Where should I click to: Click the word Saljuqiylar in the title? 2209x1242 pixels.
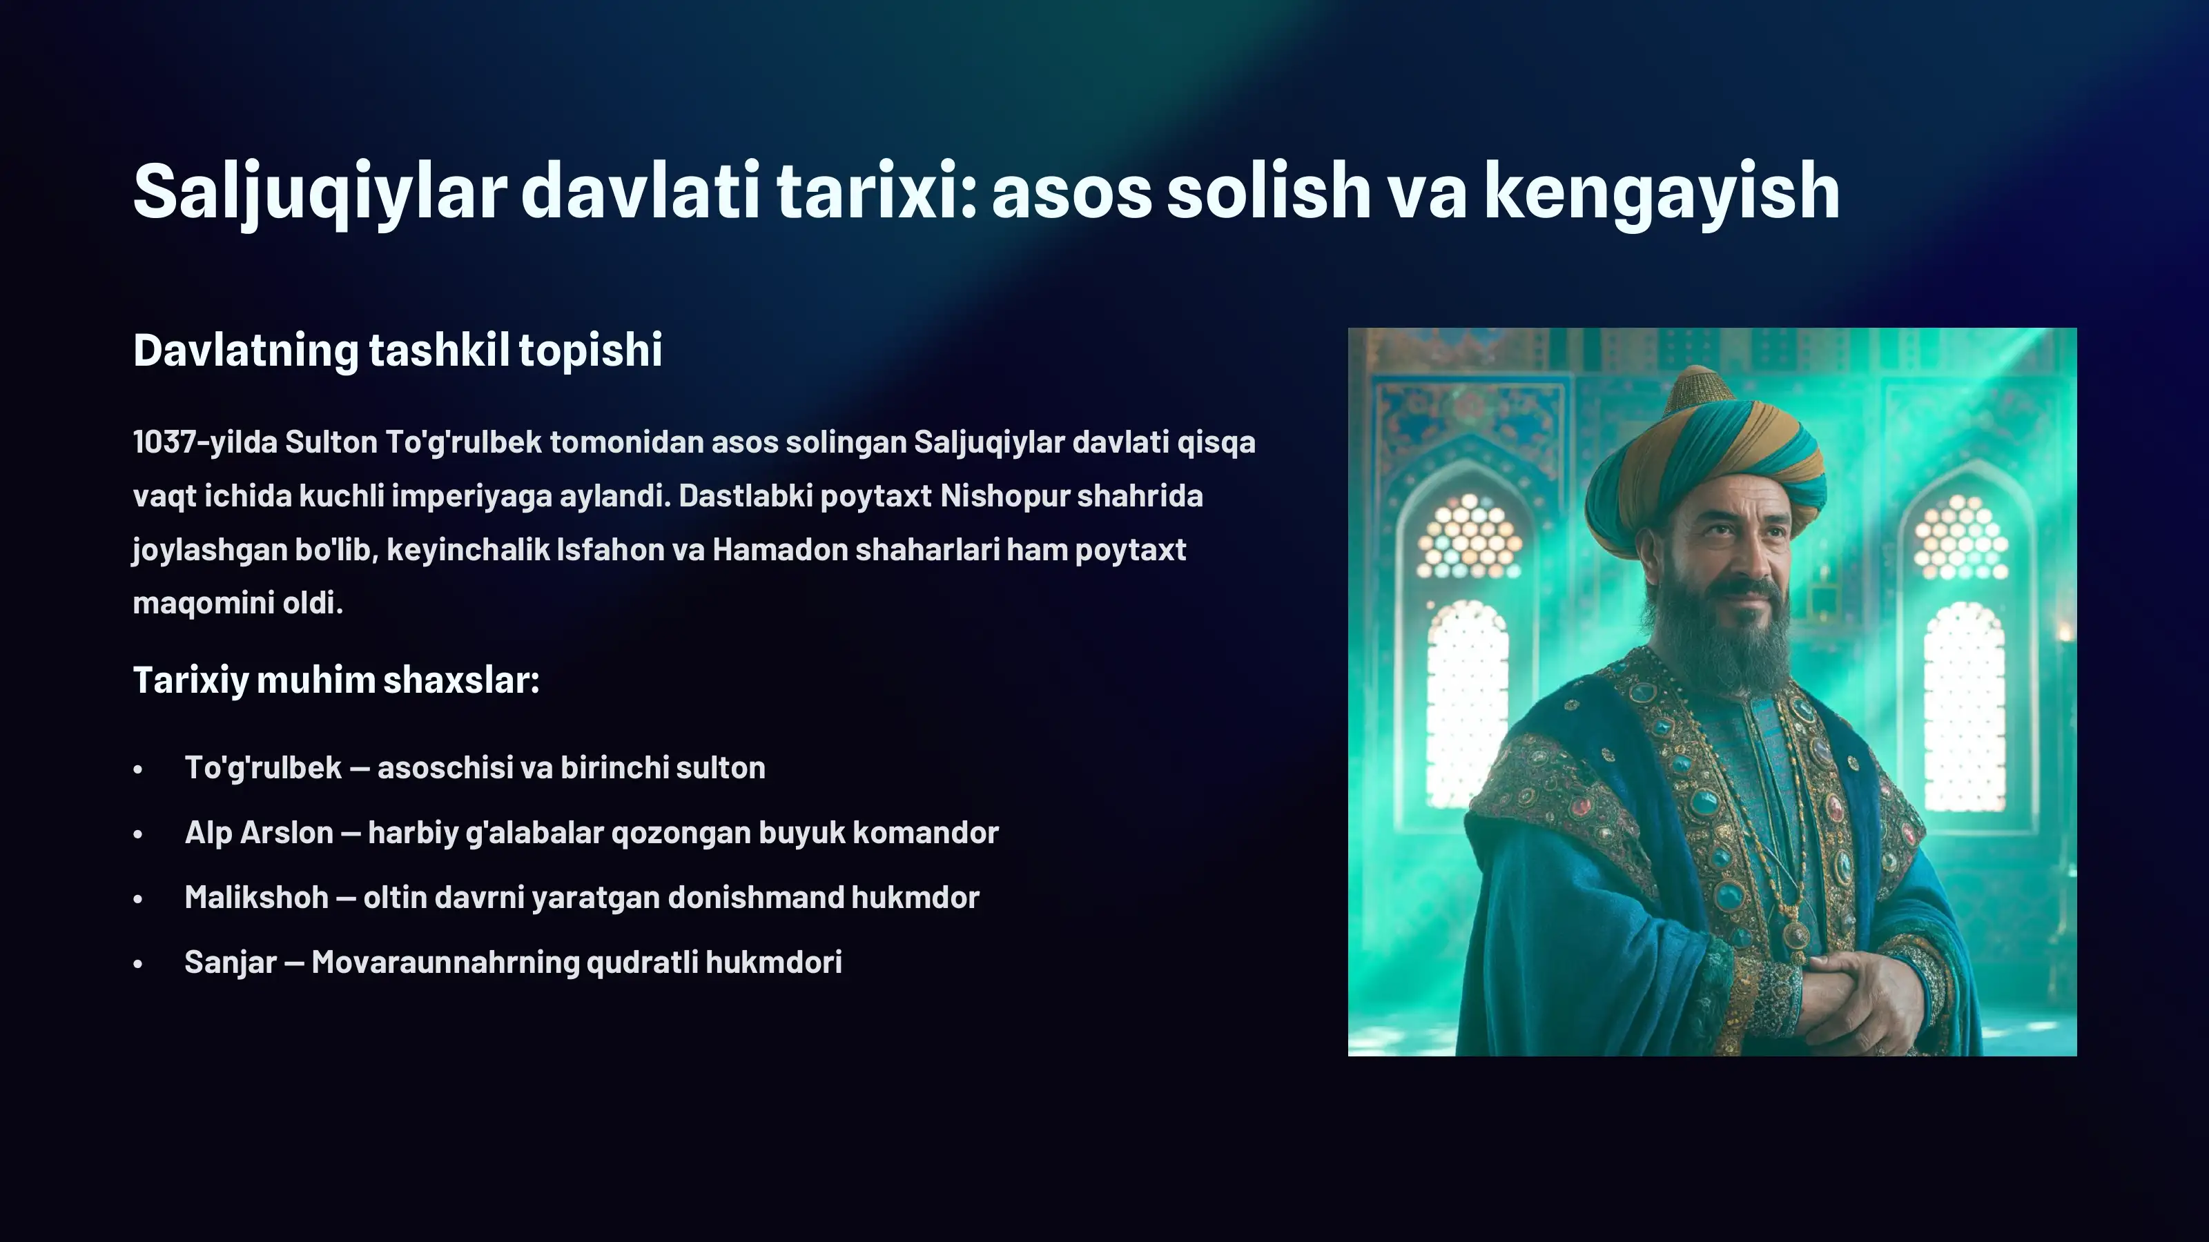[x=320, y=191]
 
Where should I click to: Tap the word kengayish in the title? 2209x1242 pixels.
[x=1661, y=191]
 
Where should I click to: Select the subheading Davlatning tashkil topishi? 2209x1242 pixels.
[x=397, y=350]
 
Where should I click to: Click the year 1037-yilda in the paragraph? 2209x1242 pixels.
[x=206, y=442]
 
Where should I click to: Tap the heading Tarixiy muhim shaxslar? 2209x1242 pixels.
[x=336, y=680]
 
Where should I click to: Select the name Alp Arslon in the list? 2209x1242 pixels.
[x=259, y=832]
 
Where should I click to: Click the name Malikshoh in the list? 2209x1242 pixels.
[x=256, y=898]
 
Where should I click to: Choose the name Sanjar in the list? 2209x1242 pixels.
[x=230, y=962]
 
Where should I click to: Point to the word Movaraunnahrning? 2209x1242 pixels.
[x=445, y=962]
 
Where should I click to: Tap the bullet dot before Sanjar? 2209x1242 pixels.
[x=138, y=965]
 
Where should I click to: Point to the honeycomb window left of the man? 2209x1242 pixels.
[x=1468, y=535]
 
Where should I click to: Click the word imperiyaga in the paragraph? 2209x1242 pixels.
[x=471, y=496]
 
